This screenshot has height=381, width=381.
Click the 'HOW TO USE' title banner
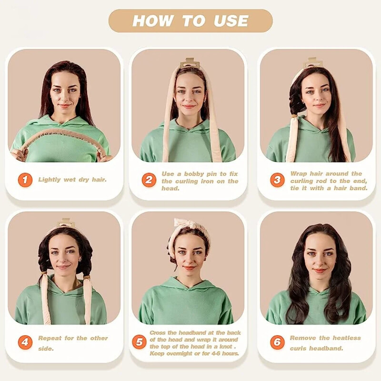point(190,21)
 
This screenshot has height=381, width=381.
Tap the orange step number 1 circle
point(25,180)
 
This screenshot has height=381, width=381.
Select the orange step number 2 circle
point(149,180)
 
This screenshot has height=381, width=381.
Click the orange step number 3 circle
point(278,180)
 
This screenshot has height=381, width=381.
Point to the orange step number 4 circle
point(25,342)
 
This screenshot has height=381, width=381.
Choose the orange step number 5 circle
point(139,342)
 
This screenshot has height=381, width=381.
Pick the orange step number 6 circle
point(277,342)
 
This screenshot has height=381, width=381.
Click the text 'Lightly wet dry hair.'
point(72,180)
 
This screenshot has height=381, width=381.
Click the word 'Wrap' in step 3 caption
point(299,174)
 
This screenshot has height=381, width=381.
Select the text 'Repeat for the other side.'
point(72,343)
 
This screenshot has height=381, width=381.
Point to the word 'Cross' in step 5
point(159,332)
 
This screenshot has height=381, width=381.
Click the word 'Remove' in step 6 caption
point(303,338)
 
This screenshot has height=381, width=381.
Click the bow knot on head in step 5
point(184,224)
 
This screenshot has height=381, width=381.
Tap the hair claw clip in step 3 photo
point(313,62)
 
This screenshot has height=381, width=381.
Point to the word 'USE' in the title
point(231,21)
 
